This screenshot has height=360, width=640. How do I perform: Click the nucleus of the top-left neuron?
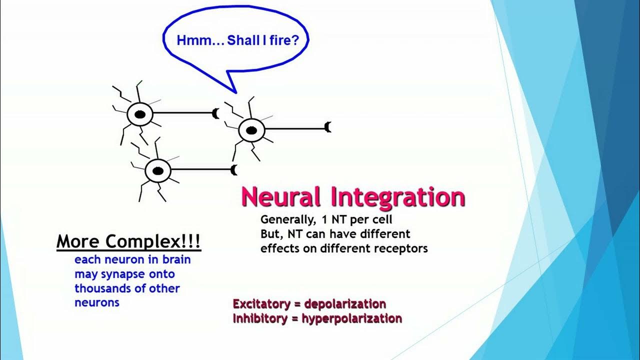point(140,115)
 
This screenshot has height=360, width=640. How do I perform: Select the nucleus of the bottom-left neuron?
point(158,171)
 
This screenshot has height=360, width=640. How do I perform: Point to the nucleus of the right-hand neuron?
point(251,130)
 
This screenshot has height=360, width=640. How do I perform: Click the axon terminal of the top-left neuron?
point(216,113)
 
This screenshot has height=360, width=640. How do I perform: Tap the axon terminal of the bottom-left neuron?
point(234,170)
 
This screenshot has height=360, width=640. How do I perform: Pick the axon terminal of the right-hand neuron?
point(328,127)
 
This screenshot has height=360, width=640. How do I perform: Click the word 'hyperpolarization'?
point(351,318)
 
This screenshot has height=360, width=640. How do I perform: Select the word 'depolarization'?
point(345,304)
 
